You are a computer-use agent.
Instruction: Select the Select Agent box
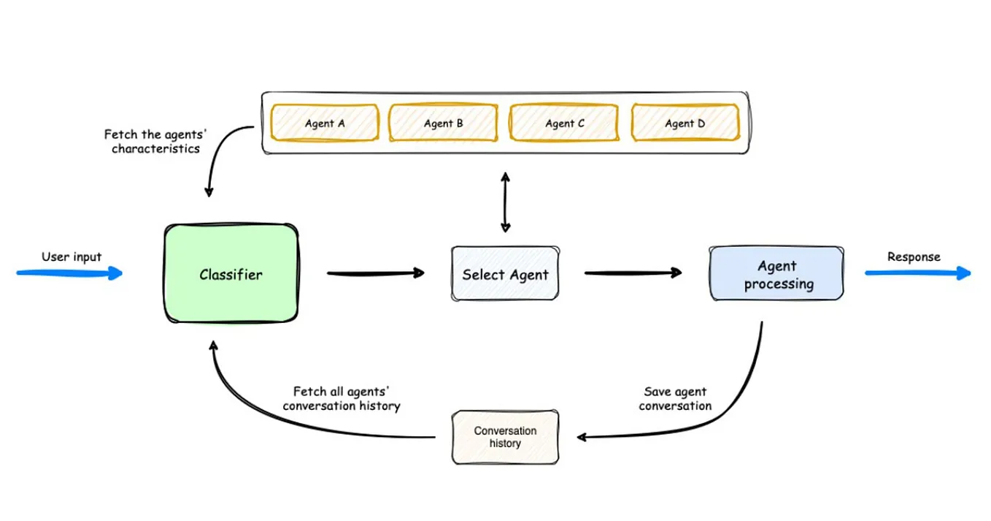505,274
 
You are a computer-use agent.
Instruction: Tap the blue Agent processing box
776,275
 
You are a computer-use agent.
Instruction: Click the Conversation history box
505,437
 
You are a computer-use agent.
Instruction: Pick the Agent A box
325,123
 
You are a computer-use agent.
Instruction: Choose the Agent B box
443,123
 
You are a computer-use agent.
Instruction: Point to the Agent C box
564,123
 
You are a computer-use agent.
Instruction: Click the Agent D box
685,123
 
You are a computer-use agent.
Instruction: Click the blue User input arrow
69,273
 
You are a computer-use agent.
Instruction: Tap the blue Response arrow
918,273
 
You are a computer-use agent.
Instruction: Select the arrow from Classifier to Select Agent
375,273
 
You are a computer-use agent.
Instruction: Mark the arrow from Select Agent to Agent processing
633,273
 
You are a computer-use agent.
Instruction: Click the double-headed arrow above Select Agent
504,202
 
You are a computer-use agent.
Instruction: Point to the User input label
72,256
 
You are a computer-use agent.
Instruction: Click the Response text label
914,256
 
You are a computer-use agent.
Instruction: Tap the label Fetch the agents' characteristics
155,141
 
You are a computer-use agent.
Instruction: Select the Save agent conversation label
675,398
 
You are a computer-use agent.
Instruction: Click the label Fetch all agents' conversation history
342,398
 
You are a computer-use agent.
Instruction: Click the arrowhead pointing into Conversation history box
582,437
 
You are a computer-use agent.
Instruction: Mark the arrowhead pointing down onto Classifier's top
209,192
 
